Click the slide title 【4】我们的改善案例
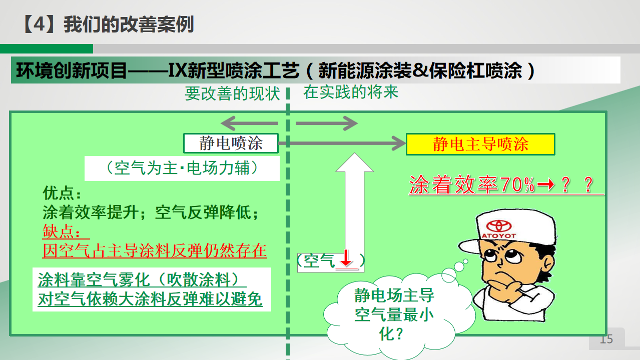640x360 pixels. pyautogui.click(x=108, y=24)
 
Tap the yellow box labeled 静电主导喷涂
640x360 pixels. pyautogui.click(x=480, y=144)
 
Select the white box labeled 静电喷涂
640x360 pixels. pyautogui.click(x=231, y=143)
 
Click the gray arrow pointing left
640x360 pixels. pyautogui.click(x=249, y=123)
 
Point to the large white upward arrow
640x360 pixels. pyautogui.click(x=355, y=205)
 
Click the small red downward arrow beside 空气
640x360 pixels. pyautogui.click(x=346, y=258)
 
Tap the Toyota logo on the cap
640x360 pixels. pyautogui.click(x=499, y=226)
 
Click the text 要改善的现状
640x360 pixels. pyautogui.click(x=232, y=93)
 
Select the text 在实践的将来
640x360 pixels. pyautogui.click(x=351, y=92)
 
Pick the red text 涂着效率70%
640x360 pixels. pyautogui.click(x=472, y=184)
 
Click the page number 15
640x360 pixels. pyautogui.click(x=606, y=339)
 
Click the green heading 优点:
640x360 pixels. pyautogui.click(x=62, y=193)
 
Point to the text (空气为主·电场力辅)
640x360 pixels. pyautogui.click(x=182, y=168)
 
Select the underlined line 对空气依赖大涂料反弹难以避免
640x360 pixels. pyautogui.click(x=150, y=299)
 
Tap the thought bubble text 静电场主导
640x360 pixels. pyautogui.click(x=394, y=295)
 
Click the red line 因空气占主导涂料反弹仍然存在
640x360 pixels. pyautogui.click(x=155, y=250)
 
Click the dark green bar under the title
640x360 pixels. pyautogui.click(x=46, y=48)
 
